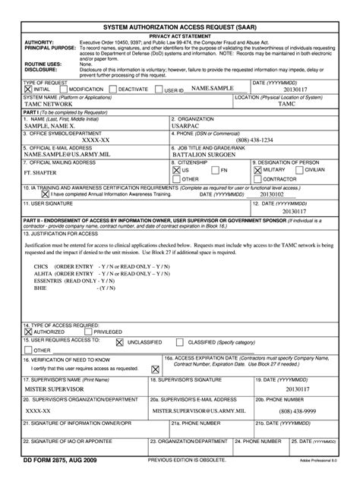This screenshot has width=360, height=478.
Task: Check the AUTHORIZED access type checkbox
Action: pyautogui.click(x=29, y=332)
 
